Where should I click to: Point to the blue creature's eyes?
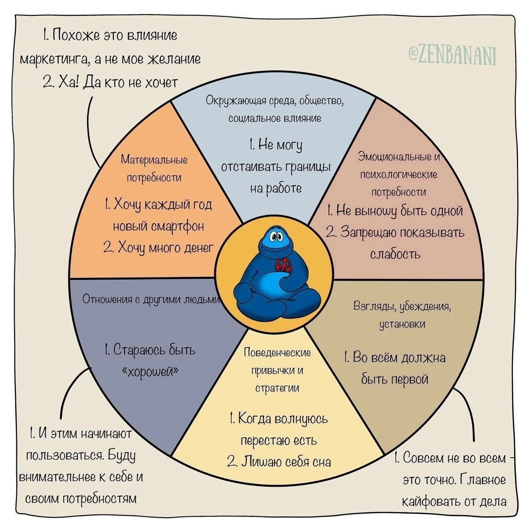click(x=275, y=236)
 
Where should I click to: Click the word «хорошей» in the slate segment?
click(x=150, y=372)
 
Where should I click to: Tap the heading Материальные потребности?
click(x=154, y=168)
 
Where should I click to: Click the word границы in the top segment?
click(x=308, y=167)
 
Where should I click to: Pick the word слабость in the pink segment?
click(x=395, y=254)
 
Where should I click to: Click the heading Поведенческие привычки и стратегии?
click(x=277, y=370)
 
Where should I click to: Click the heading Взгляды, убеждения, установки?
click(x=402, y=315)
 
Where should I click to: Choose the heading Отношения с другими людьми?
click(x=151, y=300)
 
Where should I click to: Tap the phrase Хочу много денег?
click(x=158, y=248)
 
